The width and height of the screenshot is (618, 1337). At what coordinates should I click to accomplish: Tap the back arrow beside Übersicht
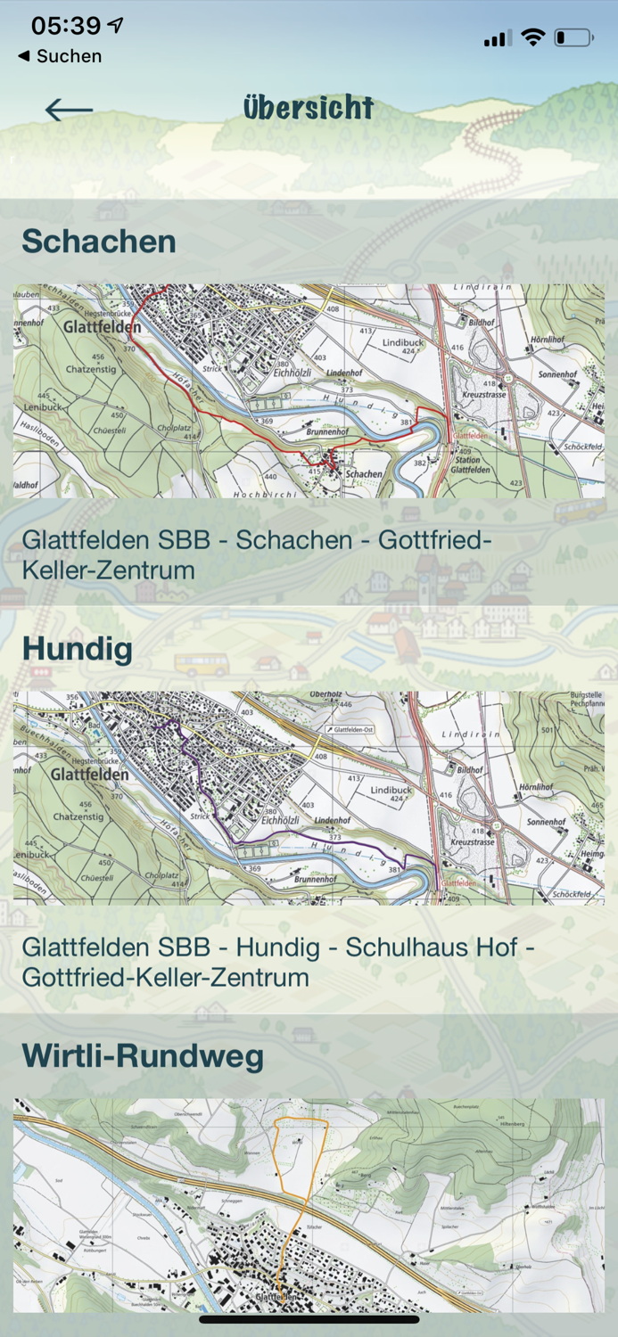point(69,110)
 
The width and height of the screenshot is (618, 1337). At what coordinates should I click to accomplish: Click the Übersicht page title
point(309,108)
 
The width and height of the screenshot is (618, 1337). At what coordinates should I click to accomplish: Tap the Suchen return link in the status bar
point(60,56)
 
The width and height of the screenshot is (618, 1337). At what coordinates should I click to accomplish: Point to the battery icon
point(573,37)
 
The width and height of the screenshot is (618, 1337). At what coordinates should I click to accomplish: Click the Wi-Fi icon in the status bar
point(533,37)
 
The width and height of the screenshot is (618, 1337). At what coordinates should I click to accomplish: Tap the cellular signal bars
point(497,37)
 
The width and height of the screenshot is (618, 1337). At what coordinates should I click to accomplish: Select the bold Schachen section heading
point(99,242)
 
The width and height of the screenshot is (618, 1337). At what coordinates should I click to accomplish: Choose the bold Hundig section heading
point(78,648)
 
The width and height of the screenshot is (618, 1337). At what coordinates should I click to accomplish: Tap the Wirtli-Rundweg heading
point(143,1056)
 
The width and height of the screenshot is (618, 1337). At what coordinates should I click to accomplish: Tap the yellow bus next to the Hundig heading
point(202,665)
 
